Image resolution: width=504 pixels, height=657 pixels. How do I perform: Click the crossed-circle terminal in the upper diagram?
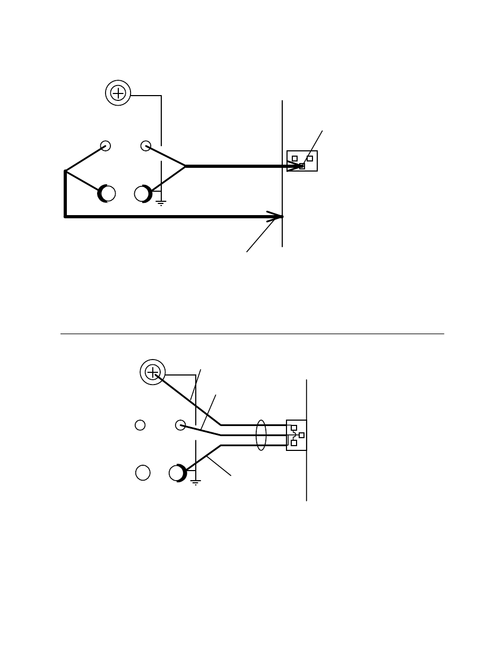118,93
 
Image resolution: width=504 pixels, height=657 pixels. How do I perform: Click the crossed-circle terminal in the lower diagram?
153,372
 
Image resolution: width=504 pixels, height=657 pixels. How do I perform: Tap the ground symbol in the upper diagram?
161,202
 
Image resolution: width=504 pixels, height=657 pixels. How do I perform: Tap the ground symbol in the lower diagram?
196,483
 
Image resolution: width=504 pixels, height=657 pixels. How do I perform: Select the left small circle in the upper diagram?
106,146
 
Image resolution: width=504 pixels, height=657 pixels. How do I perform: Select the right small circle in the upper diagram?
146,146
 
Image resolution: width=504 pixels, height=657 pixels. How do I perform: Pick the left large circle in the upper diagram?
107,194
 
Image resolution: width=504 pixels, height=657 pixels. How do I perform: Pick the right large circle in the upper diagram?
142,194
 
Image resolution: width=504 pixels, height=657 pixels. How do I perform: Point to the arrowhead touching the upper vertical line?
275,217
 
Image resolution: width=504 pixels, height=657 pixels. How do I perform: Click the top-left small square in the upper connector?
295,158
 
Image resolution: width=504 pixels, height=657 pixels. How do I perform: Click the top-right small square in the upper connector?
310,158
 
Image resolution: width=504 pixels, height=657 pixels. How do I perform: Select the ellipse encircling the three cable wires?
261,435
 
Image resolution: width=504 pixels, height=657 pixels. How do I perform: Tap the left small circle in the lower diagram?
140,425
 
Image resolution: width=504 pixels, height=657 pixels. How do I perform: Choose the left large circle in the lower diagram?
143,472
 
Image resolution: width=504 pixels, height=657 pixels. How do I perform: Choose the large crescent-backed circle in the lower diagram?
177,473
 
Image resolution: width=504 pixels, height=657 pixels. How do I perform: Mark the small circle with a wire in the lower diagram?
180,425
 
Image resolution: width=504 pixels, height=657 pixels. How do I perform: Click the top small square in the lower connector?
294,428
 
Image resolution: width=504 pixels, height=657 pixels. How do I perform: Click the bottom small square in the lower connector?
294,443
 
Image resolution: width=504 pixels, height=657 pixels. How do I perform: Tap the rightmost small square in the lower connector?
302,435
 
